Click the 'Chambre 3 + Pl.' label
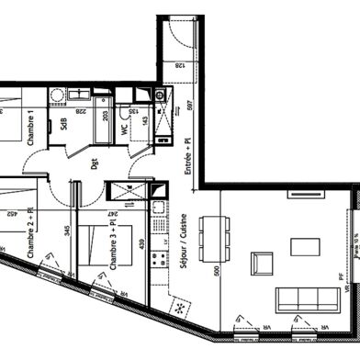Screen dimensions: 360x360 [x=114, y=245]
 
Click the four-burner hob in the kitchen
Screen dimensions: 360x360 [x=160, y=256]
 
